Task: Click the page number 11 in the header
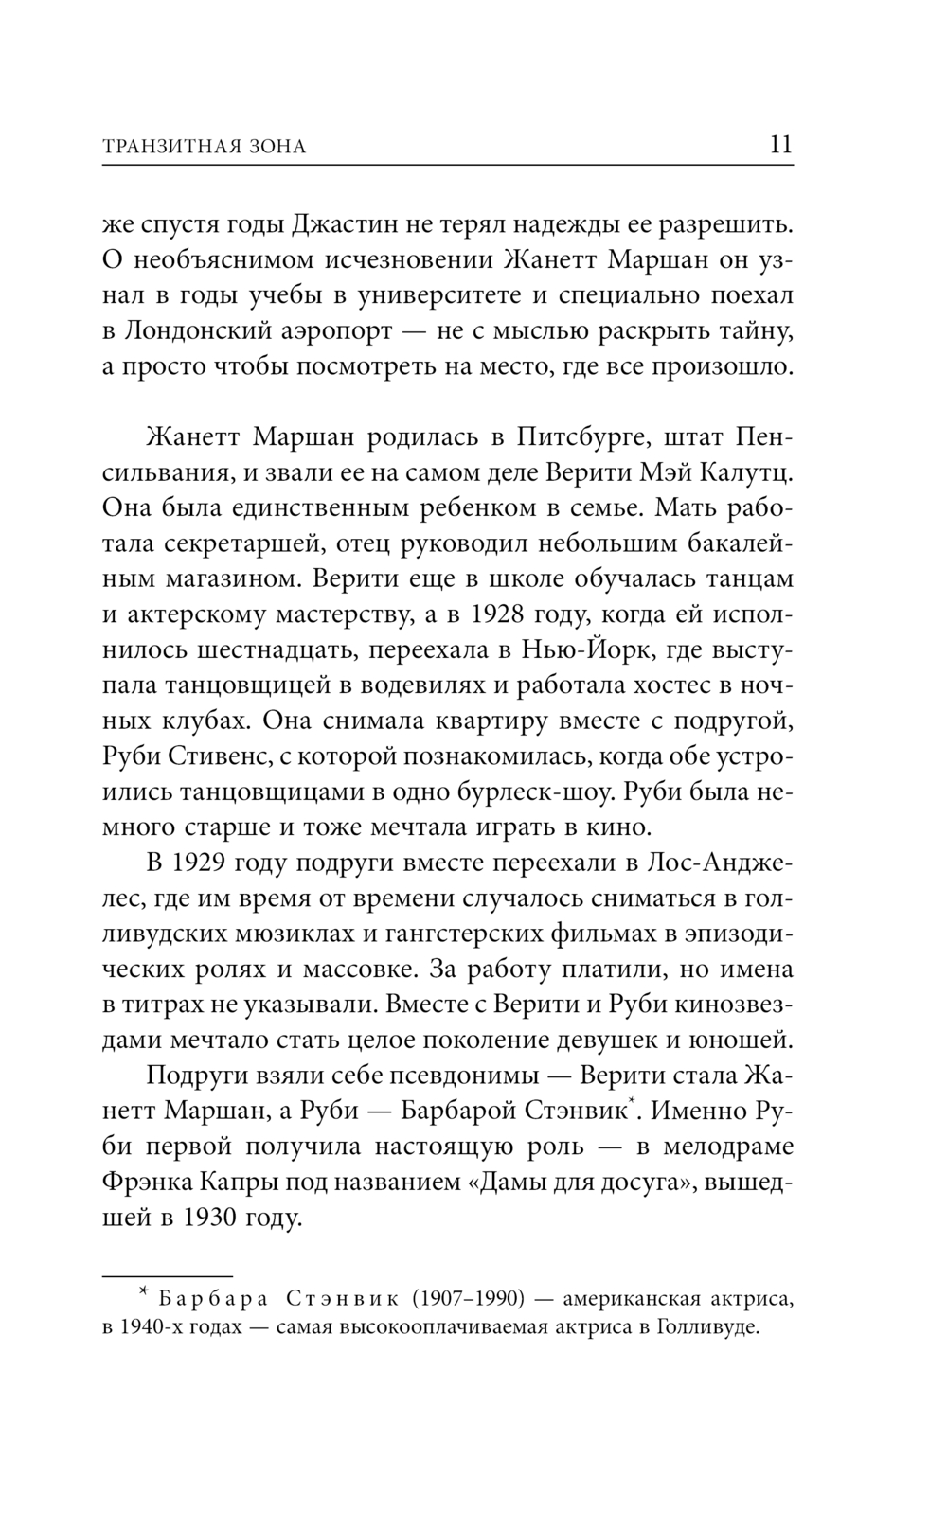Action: click(780, 145)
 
